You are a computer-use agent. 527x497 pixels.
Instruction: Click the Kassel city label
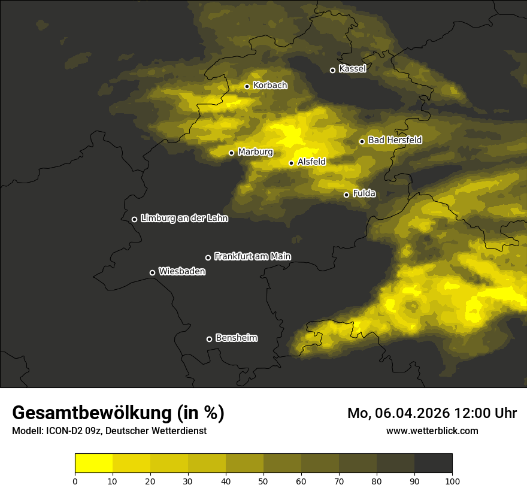coord(352,69)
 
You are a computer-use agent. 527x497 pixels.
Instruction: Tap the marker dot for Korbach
coord(247,86)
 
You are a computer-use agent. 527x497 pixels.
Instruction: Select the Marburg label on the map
coord(255,152)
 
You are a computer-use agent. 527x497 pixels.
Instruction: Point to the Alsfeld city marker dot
coord(291,163)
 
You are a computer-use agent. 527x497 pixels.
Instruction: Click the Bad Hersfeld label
coord(395,140)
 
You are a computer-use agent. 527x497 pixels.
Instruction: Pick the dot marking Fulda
coord(346,195)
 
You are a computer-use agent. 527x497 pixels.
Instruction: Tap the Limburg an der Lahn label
coord(184,219)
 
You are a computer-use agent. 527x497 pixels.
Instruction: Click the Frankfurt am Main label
coord(252,256)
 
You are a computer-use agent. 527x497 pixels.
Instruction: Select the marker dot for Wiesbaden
coord(152,272)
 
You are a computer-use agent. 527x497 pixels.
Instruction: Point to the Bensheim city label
coord(236,338)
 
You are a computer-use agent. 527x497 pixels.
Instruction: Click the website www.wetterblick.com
coord(432,431)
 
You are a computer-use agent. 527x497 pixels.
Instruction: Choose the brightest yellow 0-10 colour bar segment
coord(93,463)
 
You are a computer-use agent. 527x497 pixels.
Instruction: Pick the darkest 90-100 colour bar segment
coord(433,463)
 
